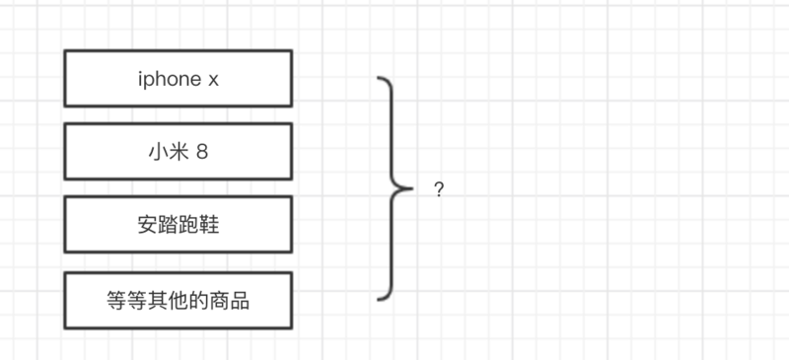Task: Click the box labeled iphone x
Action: (178, 78)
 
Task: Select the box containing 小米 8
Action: (178, 151)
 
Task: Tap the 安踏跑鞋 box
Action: (178, 224)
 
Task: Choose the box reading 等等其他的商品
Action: (178, 300)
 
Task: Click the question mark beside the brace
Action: (439, 189)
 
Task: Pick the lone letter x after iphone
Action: (213, 80)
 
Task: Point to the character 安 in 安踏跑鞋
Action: (148, 225)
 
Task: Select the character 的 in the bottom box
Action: (197, 301)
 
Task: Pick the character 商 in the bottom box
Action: (218, 301)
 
